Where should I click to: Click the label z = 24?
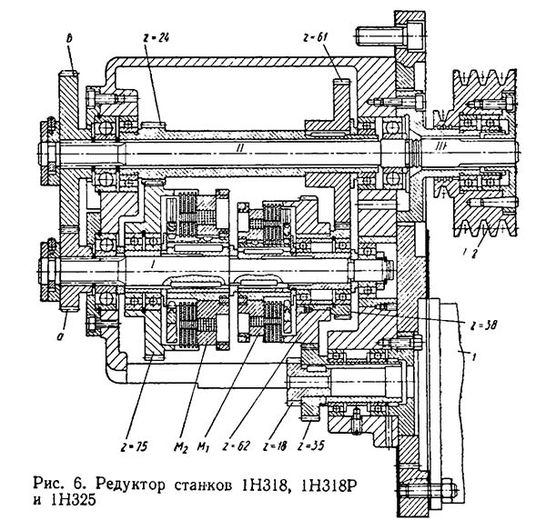coord(156,37)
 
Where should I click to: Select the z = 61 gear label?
coord(315,37)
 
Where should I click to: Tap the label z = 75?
coord(134,447)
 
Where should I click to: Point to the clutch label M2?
coord(180,447)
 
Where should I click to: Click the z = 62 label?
coord(236,446)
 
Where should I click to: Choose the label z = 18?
coord(274,446)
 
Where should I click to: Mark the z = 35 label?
coord(311,445)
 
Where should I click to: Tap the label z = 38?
coord(482,326)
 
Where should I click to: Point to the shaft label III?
coord(440,147)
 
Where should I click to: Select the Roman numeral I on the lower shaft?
coord(151,265)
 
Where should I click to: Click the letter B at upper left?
coord(69,39)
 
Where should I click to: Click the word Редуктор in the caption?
coord(130,485)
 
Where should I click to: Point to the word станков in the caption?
coord(203,485)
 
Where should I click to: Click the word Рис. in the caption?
coord(48,484)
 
